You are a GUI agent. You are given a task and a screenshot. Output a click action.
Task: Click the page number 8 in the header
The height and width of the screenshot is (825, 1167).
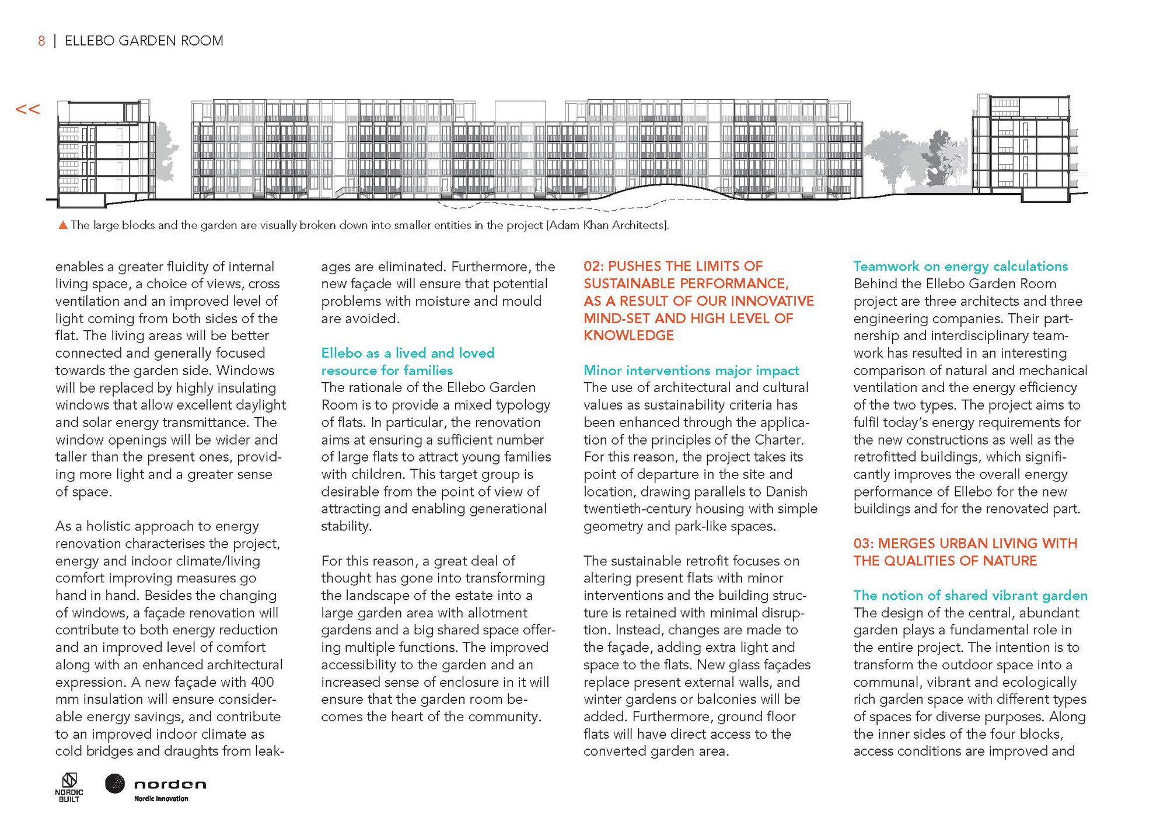click(x=41, y=41)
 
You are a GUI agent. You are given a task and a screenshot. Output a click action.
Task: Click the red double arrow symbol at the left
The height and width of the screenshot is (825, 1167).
click(x=27, y=109)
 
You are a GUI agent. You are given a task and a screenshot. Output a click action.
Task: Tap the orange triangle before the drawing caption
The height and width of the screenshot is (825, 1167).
click(x=63, y=225)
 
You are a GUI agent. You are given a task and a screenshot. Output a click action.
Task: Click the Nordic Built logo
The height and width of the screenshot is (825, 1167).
click(x=69, y=787)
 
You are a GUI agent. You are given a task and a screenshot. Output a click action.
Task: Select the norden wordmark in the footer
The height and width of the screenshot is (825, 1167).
click(x=170, y=784)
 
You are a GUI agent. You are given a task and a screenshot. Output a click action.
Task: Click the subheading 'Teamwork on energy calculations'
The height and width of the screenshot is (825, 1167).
click(x=960, y=267)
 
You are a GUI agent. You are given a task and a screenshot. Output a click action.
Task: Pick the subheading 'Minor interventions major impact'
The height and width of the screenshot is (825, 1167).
click(x=691, y=370)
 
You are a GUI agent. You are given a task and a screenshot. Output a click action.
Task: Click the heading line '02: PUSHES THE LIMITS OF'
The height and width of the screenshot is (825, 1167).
click(x=673, y=267)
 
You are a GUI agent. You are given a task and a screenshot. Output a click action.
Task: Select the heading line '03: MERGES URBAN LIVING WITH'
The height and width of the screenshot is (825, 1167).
click(x=965, y=543)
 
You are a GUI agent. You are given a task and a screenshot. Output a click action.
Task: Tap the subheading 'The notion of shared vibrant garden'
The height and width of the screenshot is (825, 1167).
click(x=970, y=595)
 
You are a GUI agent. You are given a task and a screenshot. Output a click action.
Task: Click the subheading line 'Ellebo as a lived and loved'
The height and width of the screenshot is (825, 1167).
click(x=407, y=353)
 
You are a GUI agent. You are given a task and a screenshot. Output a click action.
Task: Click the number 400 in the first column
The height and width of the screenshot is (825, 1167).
click(x=262, y=682)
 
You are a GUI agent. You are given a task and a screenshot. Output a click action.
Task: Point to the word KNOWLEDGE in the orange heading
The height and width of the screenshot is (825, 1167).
click(x=628, y=335)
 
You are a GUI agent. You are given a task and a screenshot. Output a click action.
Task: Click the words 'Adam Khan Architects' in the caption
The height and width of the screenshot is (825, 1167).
click(x=606, y=225)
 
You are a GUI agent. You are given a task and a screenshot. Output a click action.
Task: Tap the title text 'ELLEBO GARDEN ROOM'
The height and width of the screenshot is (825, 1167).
click(x=144, y=41)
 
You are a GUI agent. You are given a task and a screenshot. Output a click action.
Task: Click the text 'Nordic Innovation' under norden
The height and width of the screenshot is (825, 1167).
click(x=161, y=799)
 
